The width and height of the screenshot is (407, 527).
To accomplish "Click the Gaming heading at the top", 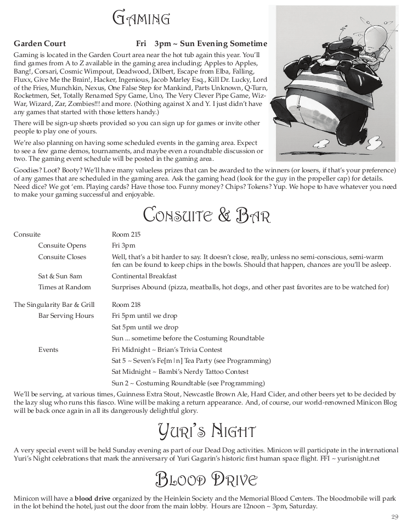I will click(x=141, y=19).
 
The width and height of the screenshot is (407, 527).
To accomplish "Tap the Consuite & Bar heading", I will click(x=207, y=214).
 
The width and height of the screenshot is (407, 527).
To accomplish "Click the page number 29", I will click(x=394, y=517).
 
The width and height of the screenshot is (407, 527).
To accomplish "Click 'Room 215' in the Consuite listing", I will click(x=126, y=234).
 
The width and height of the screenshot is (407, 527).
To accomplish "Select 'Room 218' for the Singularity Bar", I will click(x=126, y=305).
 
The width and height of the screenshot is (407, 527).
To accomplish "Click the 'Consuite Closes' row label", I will click(x=62, y=256).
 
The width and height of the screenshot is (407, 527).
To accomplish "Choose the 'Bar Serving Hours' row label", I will click(x=66, y=316).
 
